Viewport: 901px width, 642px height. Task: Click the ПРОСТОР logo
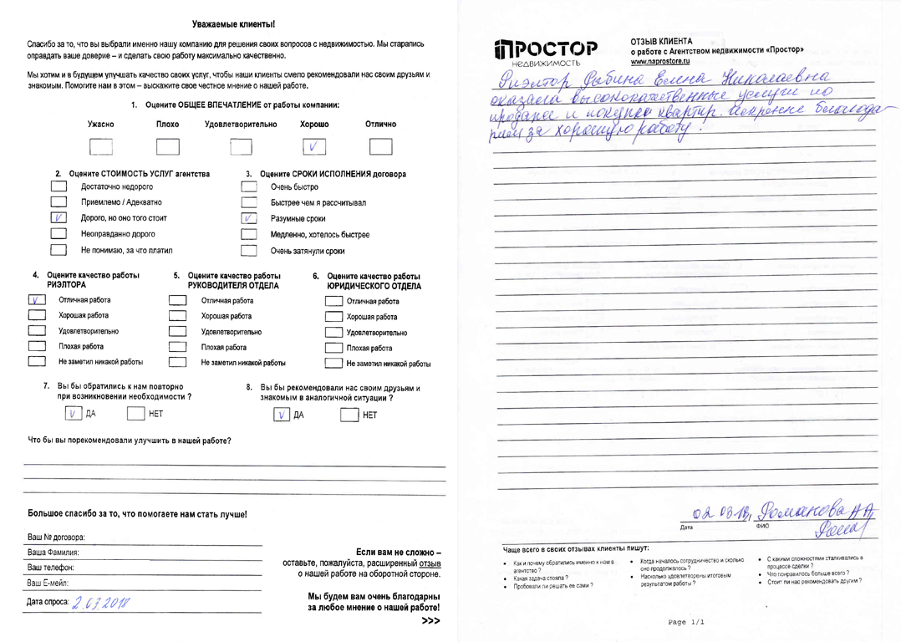click(547, 53)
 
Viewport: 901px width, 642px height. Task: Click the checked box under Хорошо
click(313, 147)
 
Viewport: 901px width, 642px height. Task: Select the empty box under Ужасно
click(100, 147)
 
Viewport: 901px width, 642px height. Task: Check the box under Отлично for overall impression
click(380, 147)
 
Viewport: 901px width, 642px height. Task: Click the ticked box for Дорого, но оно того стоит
click(59, 218)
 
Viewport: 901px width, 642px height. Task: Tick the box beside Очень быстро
click(248, 187)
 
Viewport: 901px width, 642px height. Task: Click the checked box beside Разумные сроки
click(248, 218)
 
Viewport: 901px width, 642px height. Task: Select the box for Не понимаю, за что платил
click(59, 250)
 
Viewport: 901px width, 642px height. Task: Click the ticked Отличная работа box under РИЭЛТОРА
click(37, 300)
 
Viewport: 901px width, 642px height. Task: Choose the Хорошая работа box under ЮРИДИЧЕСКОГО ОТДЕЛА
click(333, 317)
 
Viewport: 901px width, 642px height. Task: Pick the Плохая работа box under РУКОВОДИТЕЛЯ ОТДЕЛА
click(177, 347)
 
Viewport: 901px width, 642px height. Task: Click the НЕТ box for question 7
click(136, 412)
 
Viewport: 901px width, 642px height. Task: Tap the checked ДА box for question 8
click(283, 415)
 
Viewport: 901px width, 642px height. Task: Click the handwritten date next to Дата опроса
click(104, 602)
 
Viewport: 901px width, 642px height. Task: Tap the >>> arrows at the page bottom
click(430, 622)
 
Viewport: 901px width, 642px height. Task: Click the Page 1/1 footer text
click(686, 622)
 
